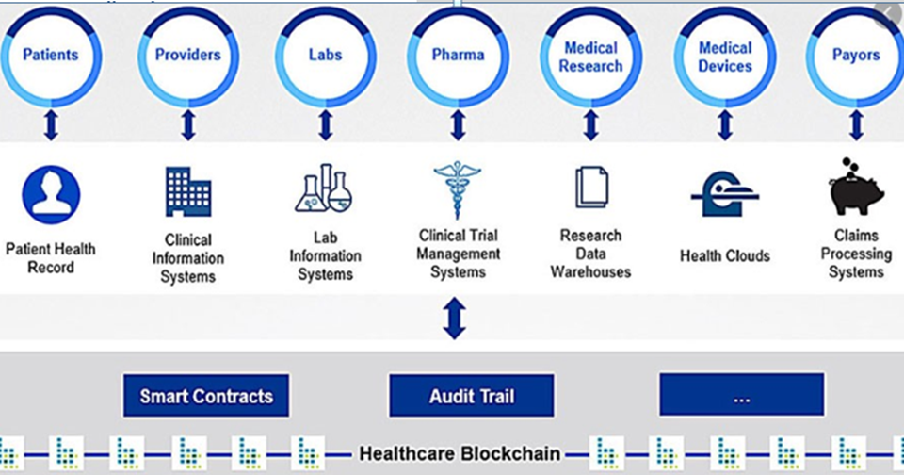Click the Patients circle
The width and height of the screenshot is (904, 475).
(51, 56)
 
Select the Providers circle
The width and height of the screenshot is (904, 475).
(187, 56)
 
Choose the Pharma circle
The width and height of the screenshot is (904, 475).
(458, 56)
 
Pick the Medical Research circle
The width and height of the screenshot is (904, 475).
(591, 56)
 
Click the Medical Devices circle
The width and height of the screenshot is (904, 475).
(725, 56)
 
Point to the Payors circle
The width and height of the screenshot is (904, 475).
(855, 56)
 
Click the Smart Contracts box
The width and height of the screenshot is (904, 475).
(206, 396)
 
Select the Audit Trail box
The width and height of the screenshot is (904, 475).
(472, 396)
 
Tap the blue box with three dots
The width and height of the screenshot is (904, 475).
(741, 396)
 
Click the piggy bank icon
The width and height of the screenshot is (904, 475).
(856, 188)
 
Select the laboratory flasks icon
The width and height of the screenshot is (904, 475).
(324, 188)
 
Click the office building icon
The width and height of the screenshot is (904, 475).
(187, 191)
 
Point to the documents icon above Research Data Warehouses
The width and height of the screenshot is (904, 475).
(591, 187)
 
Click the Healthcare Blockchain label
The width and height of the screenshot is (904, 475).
(459, 454)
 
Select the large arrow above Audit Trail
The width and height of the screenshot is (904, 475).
(455, 318)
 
